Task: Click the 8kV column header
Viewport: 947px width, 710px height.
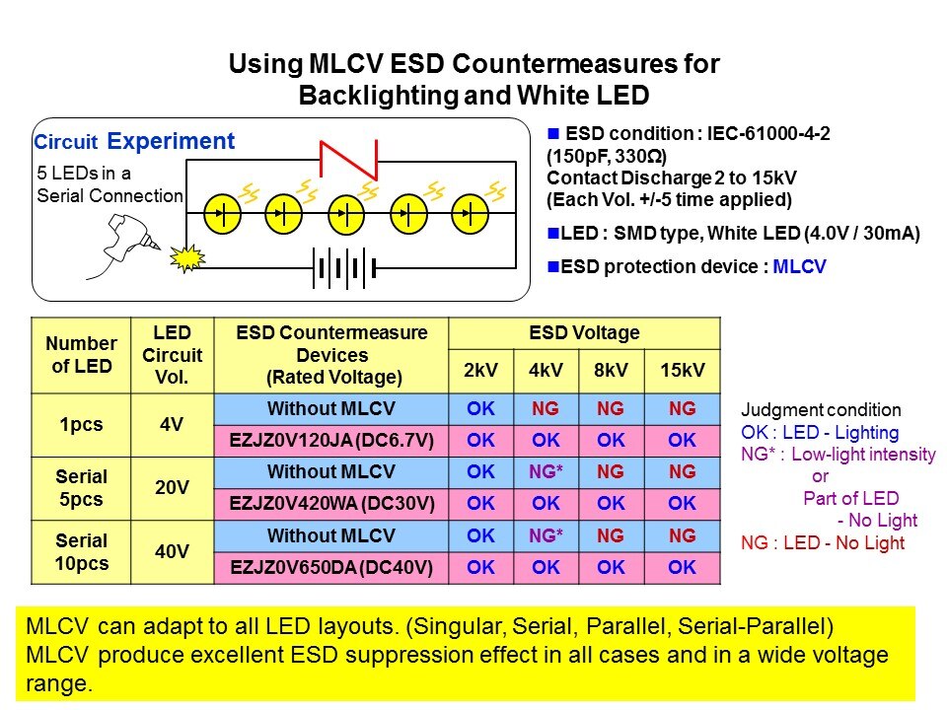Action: click(x=611, y=371)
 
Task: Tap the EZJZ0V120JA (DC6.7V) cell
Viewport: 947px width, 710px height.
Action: click(x=330, y=440)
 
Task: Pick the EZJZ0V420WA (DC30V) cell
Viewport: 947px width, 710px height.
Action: click(x=330, y=503)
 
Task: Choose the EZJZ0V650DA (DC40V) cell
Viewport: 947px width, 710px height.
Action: click(x=330, y=567)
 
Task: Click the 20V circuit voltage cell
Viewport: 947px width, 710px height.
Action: click(x=172, y=487)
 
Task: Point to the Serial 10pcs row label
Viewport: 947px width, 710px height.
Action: click(x=82, y=551)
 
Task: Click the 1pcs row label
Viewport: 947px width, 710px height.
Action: click(x=82, y=424)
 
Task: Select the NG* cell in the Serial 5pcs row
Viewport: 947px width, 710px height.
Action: click(x=546, y=472)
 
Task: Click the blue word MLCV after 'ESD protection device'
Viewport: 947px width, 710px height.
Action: click(x=800, y=266)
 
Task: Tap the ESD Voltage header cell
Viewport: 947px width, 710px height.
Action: click(x=585, y=333)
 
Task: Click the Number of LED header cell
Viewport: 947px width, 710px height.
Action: click(x=82, y=355)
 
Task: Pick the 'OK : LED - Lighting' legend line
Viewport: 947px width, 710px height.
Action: click(x=820, y=432)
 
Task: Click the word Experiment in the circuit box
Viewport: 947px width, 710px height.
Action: click(x=171, y=141)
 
